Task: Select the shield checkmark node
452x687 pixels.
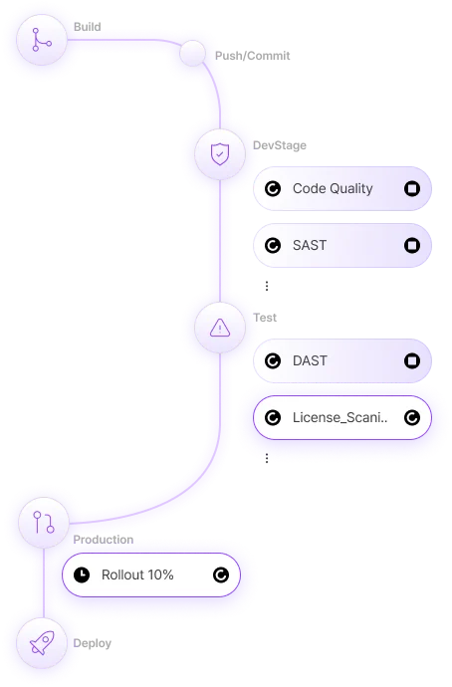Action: pos(220,154)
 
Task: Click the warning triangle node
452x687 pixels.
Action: pos(220,327)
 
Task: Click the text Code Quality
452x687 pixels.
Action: pos(333,188)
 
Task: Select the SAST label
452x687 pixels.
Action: pos(310,245)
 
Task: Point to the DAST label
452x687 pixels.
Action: pos(310,361)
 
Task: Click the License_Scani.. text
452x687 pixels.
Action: pos(339,418)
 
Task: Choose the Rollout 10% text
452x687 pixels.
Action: pos(137,574)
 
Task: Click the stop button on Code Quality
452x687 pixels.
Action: pos(411,188)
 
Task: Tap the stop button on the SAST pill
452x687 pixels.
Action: pos(411,245)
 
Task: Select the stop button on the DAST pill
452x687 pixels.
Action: pos(411,361)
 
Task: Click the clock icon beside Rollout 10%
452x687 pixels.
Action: pos(82,574)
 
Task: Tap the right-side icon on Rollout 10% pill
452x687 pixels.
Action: pos(220,574)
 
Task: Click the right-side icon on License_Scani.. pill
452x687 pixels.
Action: pos(411,418)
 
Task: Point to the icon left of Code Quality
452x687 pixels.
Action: pos(273,188)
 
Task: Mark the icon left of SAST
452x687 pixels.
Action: pos(273,245)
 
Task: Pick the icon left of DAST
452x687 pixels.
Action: pos(273,361)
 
